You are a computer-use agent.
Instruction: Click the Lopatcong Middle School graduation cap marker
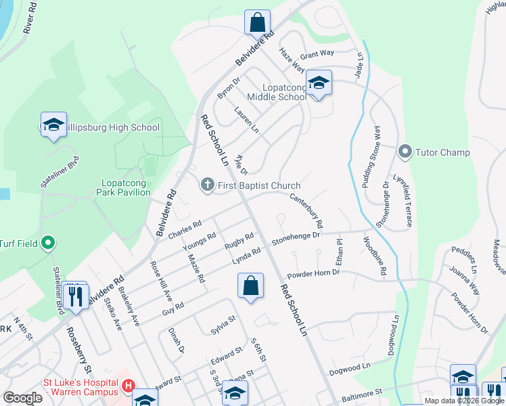coord(319,83)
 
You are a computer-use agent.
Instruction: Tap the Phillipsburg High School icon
coord(53,125)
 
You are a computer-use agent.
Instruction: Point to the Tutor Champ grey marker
coord(405,151)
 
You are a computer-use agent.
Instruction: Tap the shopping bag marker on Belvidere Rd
coord(257,23)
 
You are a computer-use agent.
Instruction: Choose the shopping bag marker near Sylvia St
coord(250,286)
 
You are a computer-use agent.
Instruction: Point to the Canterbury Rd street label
coord(306,210)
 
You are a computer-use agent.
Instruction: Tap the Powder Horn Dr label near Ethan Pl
coord(313,274)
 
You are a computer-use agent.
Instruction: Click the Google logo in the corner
coord(22,398)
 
